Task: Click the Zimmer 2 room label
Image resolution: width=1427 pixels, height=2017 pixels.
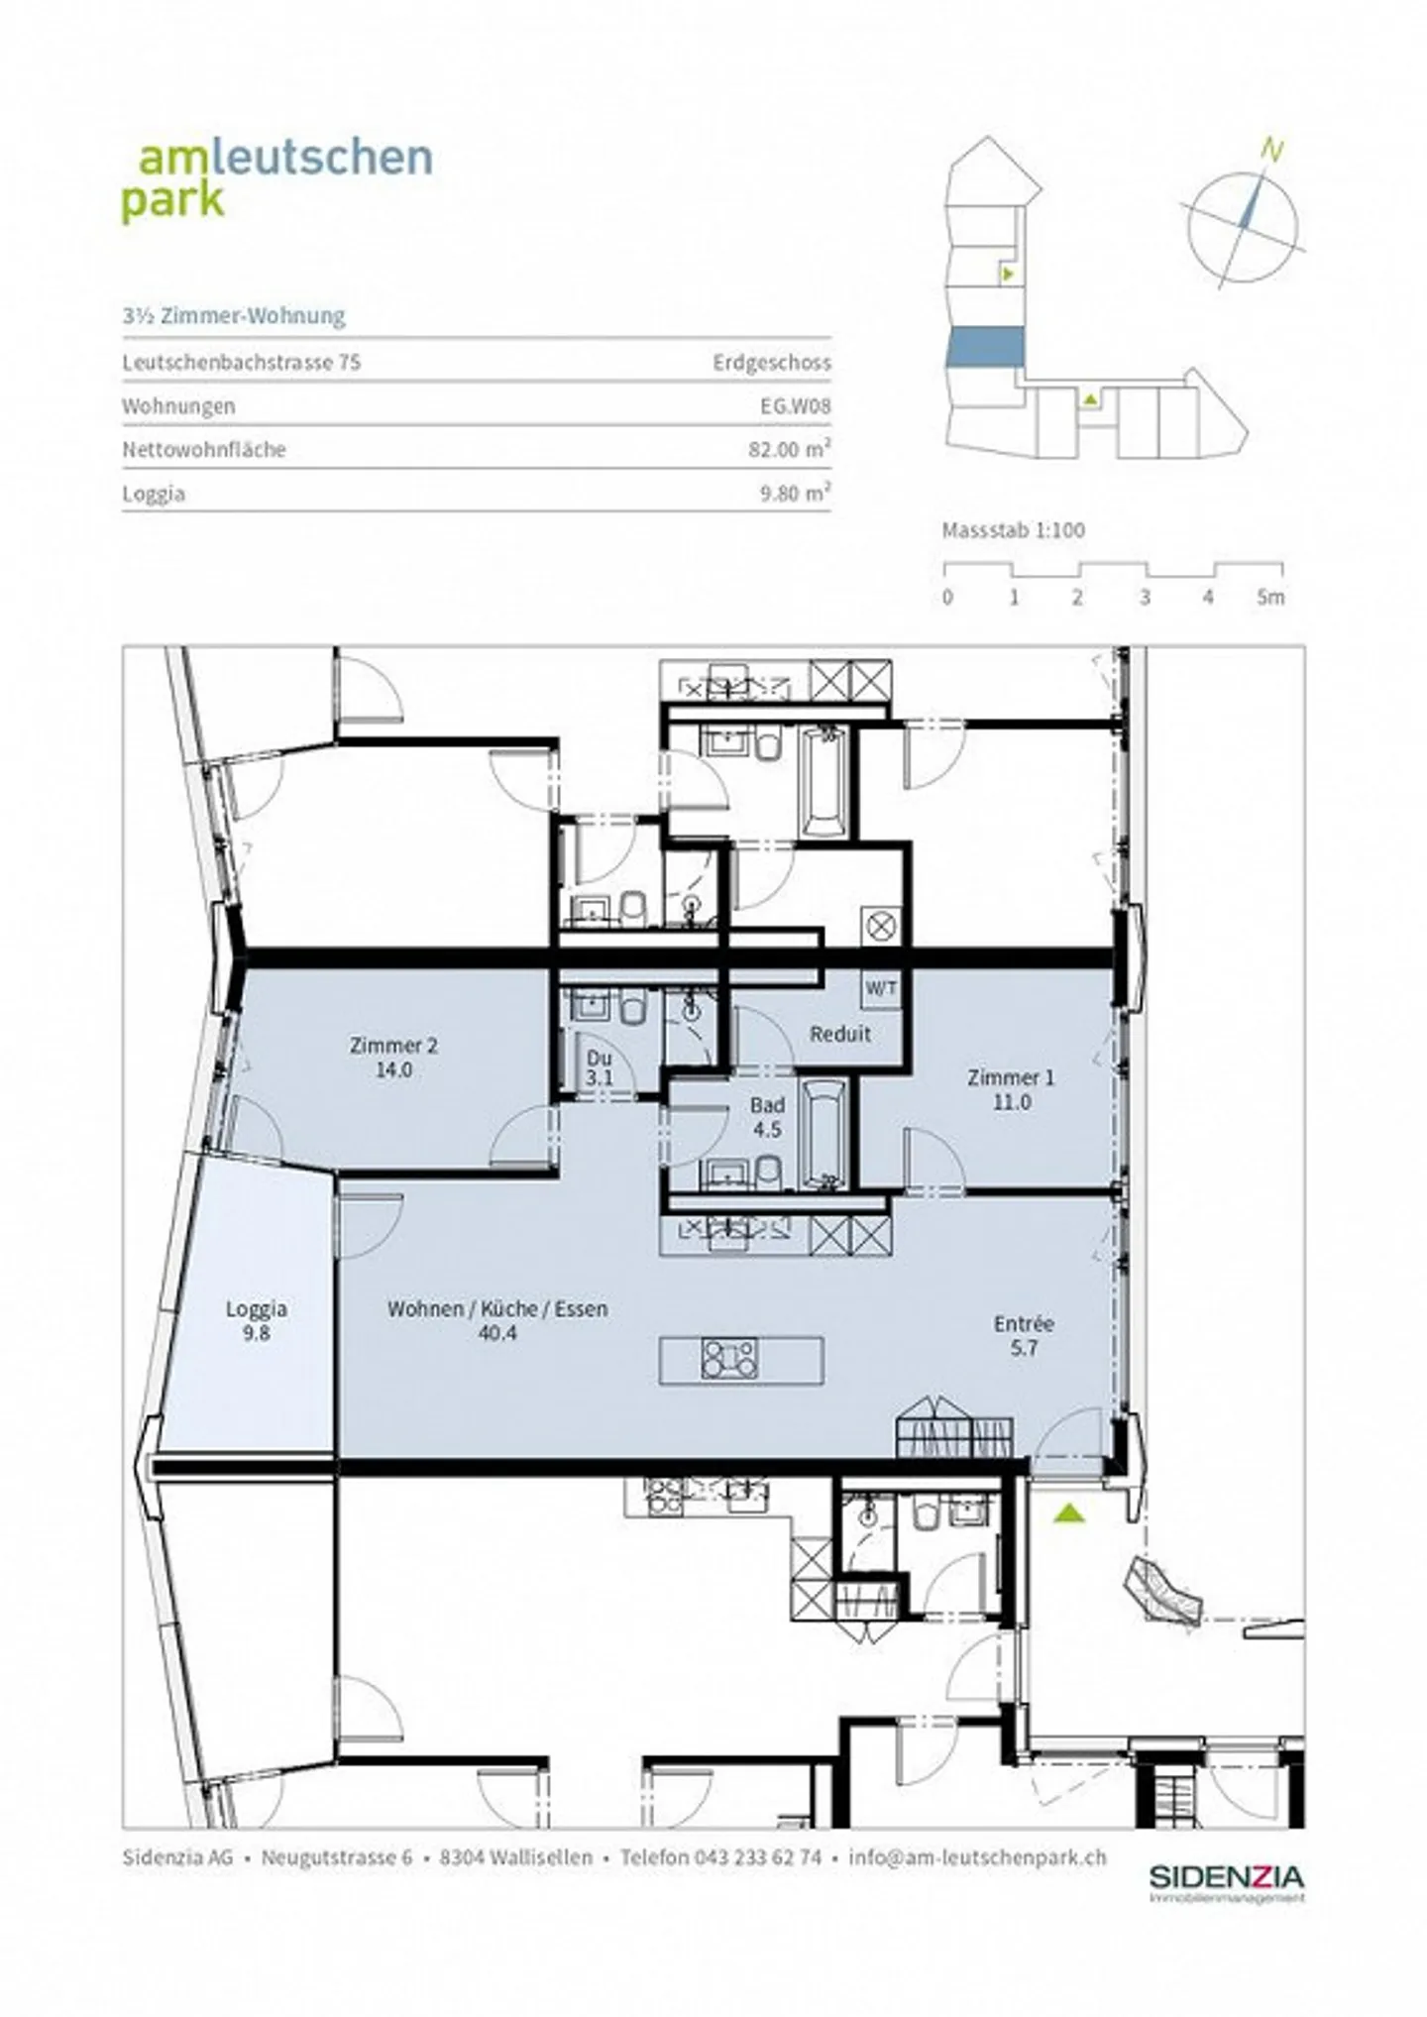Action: click(x=393, y=1057)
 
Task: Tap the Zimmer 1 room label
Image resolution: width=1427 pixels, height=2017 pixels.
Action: click(x=1011, y=1088)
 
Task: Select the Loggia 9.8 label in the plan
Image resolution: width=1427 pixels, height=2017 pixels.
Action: click(x=256, y=1320)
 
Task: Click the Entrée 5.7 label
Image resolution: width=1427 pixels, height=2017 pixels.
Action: click(x=1024, y=1334)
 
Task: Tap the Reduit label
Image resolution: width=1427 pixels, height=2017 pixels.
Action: click(x=840, y=1034)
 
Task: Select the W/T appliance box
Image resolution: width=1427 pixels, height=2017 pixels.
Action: click(x=881, y=988)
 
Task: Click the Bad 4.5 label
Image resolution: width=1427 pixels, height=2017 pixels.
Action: click(x=767, y=1116)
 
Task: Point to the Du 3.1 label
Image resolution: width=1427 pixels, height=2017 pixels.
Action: click(x=599, y=1067)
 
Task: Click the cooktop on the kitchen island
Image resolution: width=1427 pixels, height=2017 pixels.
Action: click(x=729, y=1358)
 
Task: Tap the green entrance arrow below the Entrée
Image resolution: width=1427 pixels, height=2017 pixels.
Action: click(x=1068, y=1513)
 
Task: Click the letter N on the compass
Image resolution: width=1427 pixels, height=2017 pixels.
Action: click(x=1272, y=151)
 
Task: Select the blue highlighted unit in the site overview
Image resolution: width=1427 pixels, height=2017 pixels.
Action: click(x=984, y=347)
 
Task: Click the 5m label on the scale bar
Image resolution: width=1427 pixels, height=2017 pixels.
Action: click(x=1270, y=598)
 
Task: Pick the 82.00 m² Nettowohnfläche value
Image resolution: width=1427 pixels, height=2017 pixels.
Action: click(x=789, y=449)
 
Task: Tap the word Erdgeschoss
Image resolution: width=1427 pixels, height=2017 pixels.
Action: click(x=771, y=362)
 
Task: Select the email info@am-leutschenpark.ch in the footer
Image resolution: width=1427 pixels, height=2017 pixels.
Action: click(x=977, y=1857)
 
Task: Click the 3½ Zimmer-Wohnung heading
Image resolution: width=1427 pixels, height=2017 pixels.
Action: click(x=234, y=316)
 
